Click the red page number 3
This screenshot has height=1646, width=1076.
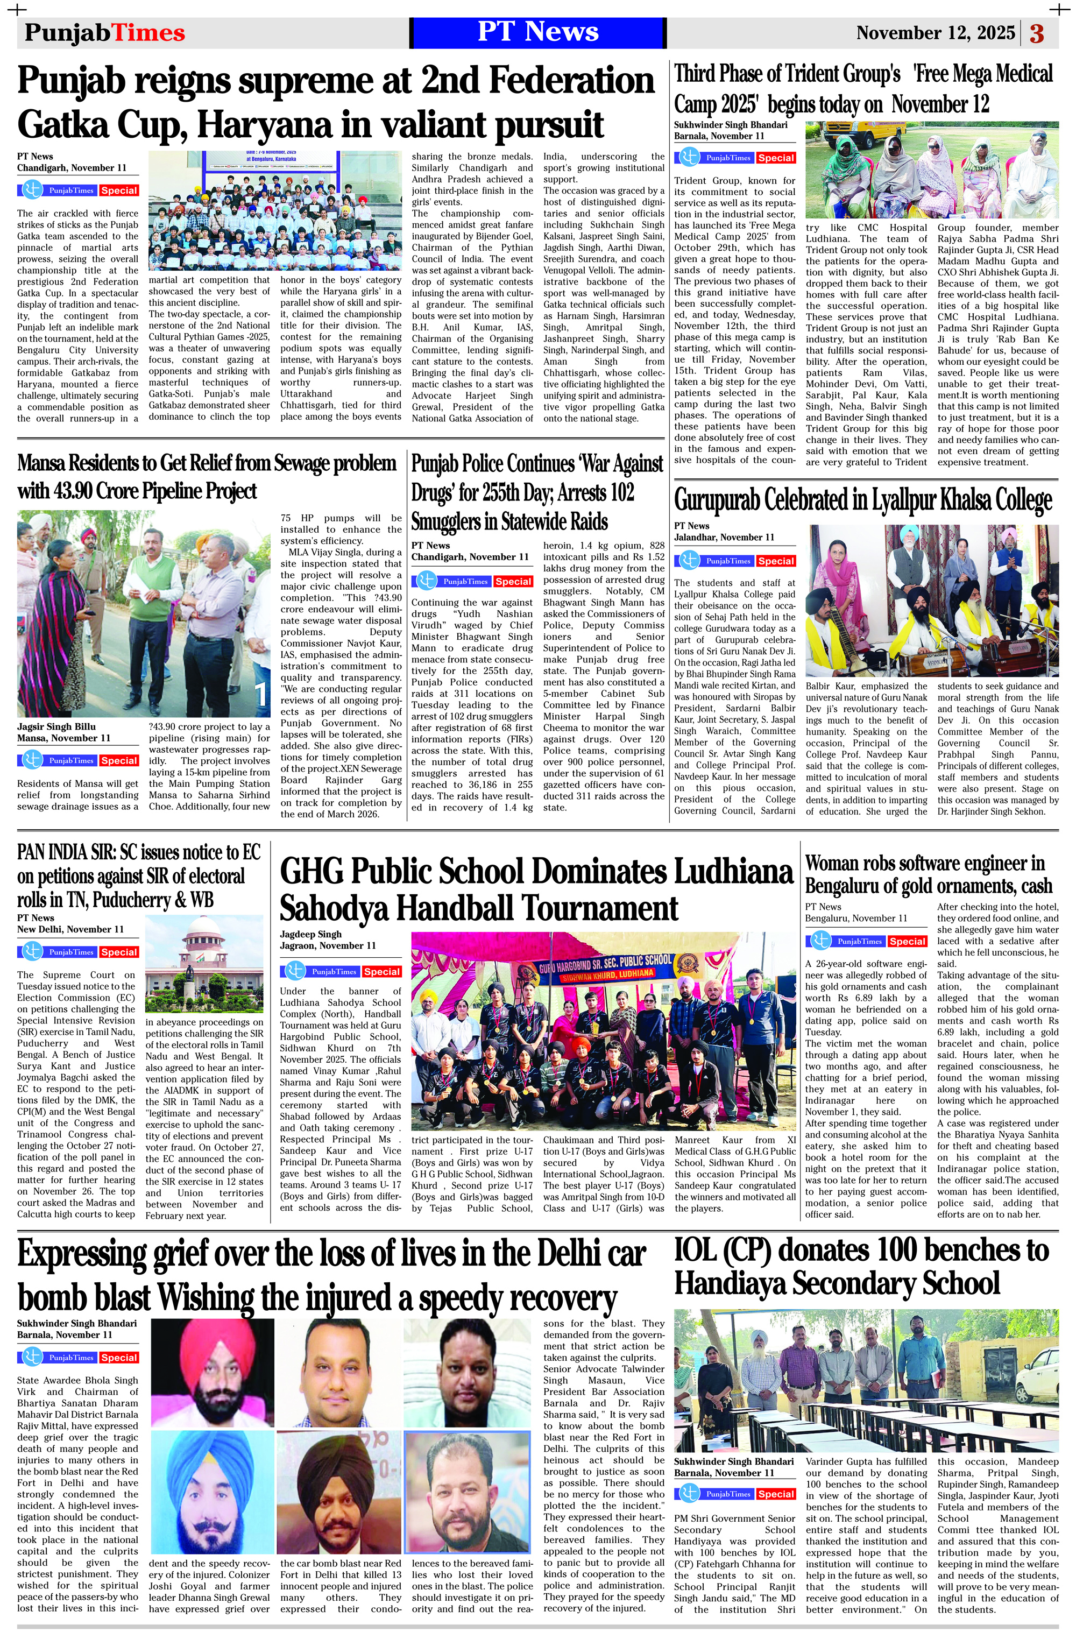[x=1037, y=33]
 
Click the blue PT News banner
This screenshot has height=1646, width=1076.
[x=537, y=32]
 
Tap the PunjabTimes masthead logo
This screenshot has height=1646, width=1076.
[x=104, y=32]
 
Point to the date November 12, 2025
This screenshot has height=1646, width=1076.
[x=935, y=32]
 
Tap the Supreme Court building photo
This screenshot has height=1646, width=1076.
[x=204, y=963]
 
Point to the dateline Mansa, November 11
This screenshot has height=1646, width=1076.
[x=63, y=738]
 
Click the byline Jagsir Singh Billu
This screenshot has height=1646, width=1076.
[x=56, y=727]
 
